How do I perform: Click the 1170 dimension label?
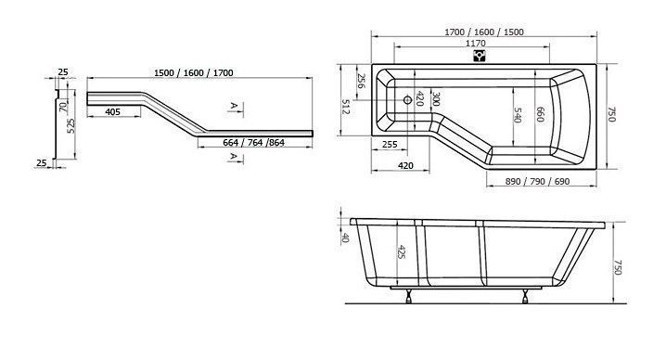point(475,43)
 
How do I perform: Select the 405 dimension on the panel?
point(112,111)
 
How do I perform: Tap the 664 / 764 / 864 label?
point(253,142)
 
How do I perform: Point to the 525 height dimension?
point(70,125)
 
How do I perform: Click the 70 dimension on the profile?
point(63,107)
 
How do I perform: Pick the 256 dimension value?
point(361,81)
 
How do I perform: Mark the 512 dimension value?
point(345,107)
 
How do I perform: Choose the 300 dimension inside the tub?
point(435,99)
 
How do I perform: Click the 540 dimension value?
point(518,115)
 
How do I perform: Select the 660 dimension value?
point(540,114)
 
